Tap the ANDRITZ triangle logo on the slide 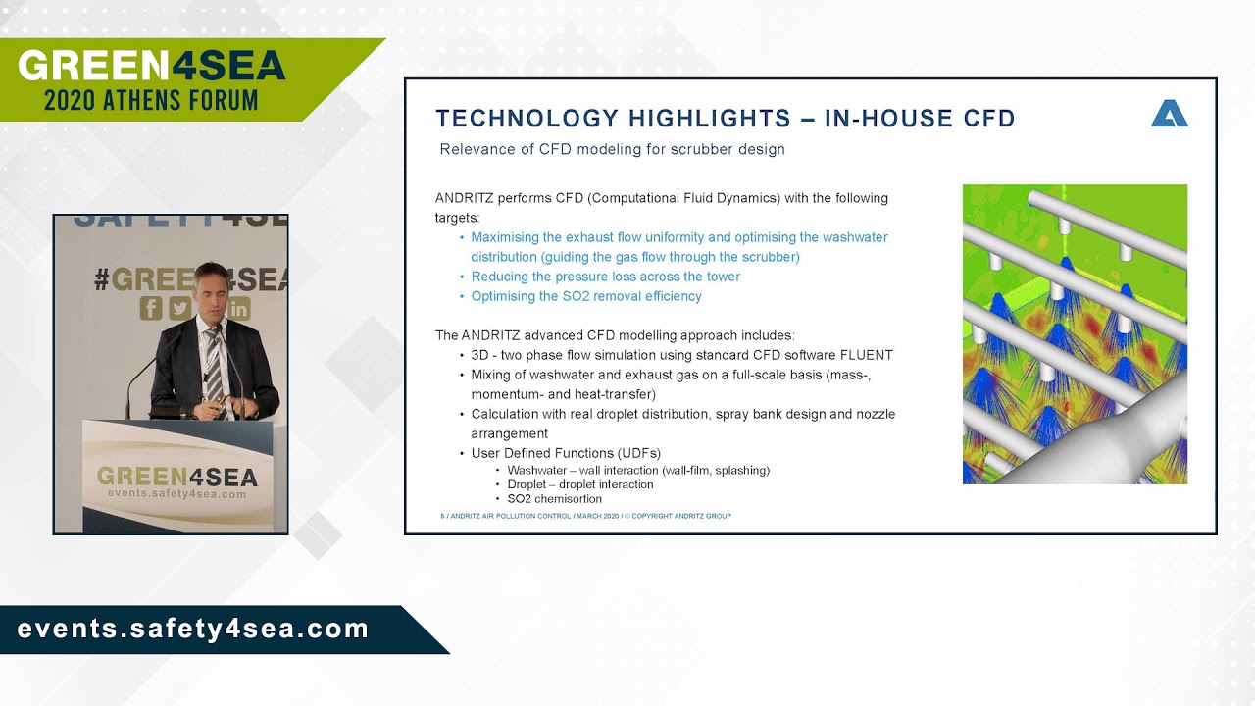(1169, 115)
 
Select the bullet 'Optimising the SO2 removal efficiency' (586, 296)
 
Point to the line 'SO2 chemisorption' (555, 499)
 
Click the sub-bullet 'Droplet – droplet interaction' (580, 484)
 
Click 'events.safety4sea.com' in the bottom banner (193, 630)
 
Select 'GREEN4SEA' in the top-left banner (152, 66)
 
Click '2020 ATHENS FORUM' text (151, 99)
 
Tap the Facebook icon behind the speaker (151, 308)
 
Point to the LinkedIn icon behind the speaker (239, 309)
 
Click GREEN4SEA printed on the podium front (177, 478)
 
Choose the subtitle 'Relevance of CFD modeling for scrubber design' (612, 150)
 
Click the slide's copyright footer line (585, 516)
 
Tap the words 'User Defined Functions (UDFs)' (566, 453)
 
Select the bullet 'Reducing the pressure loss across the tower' (605, 277)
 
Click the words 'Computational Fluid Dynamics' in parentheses (682, 198)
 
